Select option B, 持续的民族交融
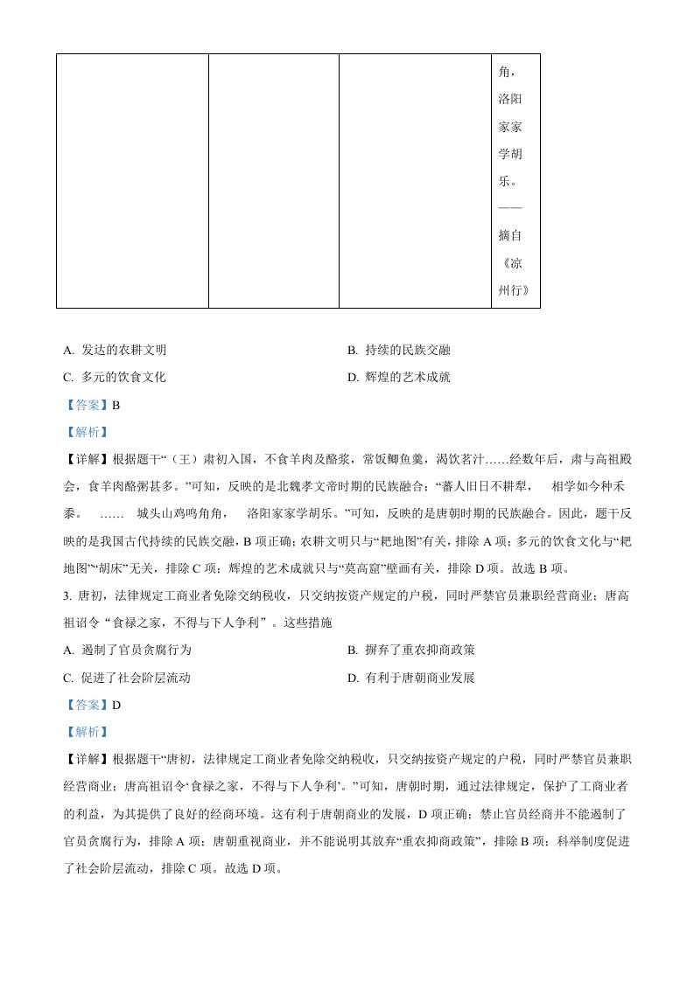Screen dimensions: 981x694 (398, 351)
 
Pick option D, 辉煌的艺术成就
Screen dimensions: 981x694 (398, 378)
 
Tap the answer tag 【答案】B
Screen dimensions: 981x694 (90, 405)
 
